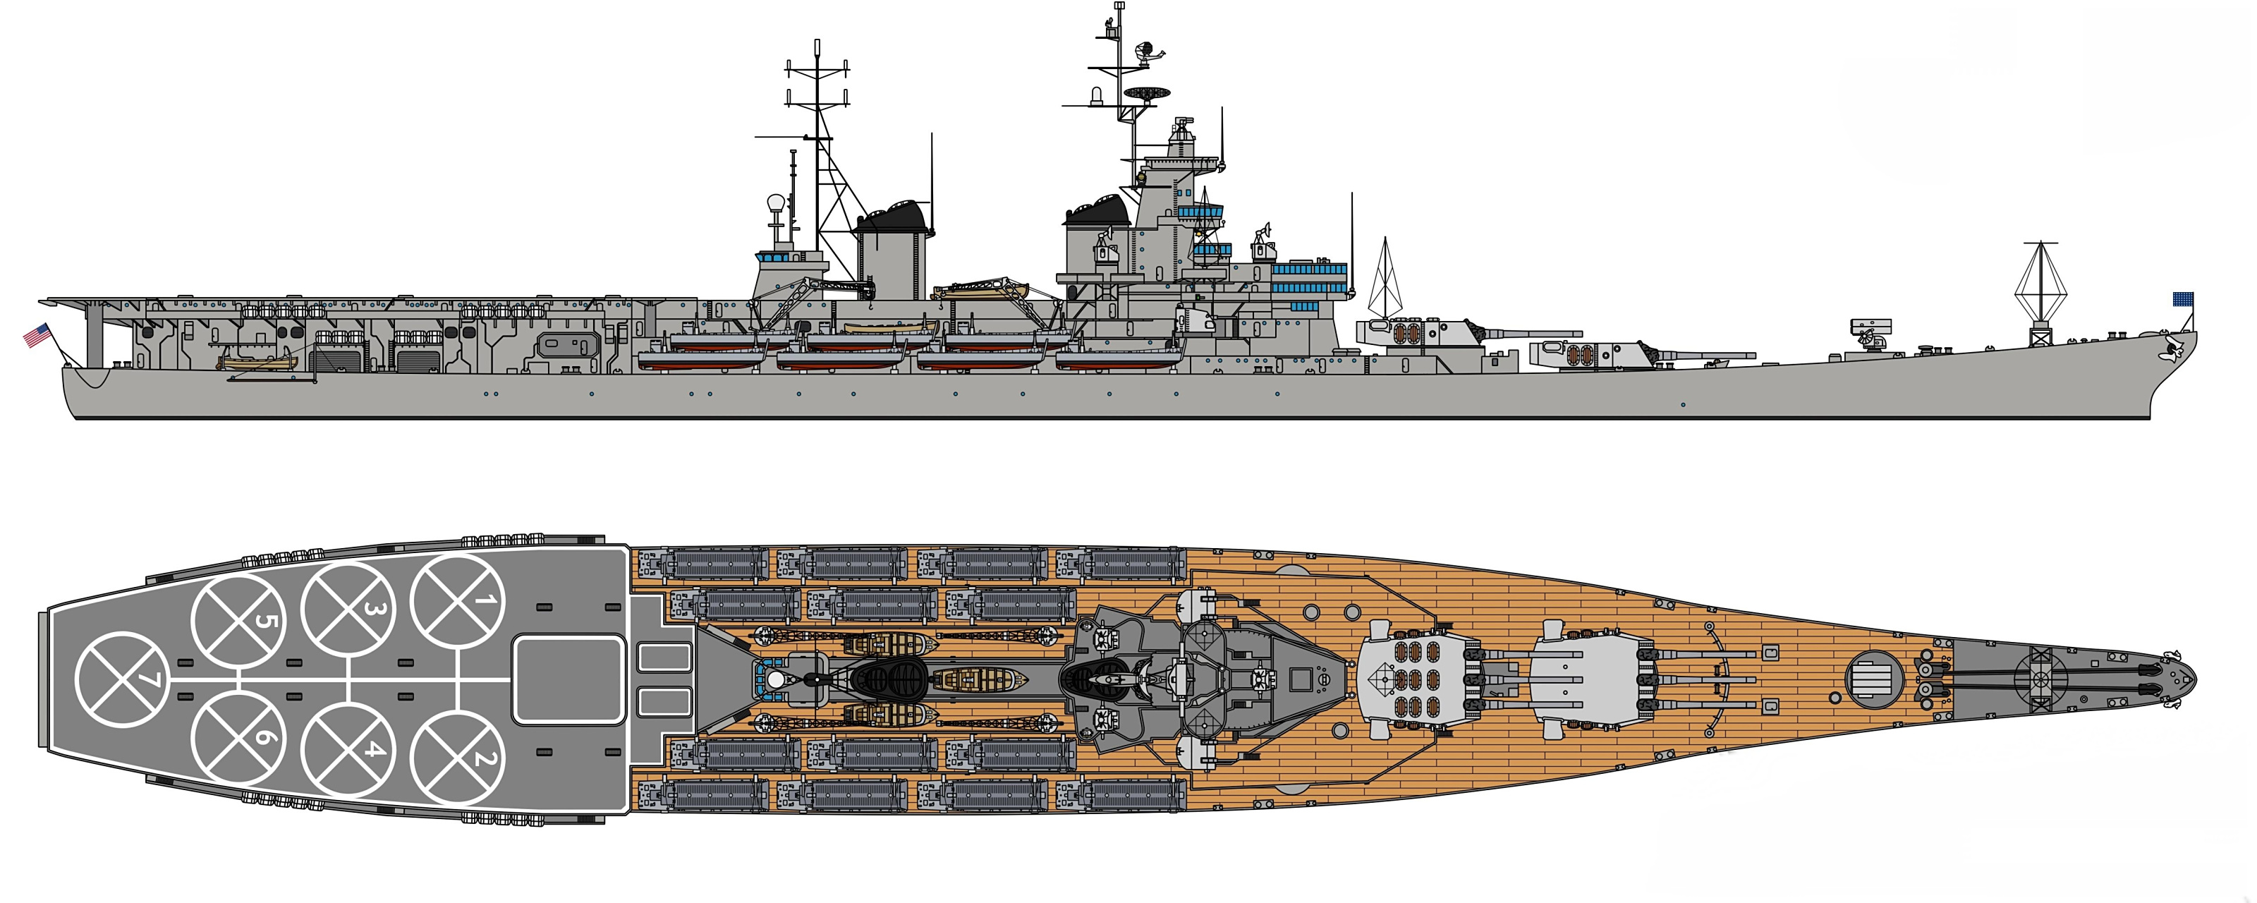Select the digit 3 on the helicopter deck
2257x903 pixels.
point(348,608)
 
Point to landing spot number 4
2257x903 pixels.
point(348,750)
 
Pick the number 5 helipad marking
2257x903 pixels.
point(238,622)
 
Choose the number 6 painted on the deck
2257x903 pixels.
point(238,737)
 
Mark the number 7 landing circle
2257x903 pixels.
point(121,679)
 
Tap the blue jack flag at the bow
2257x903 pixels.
point(2182,300)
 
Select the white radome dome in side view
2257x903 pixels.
point(775,203)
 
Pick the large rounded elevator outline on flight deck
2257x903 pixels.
point(568,679)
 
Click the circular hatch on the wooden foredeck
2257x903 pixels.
point(1875,679)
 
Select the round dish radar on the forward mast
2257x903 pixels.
point(1148,92)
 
